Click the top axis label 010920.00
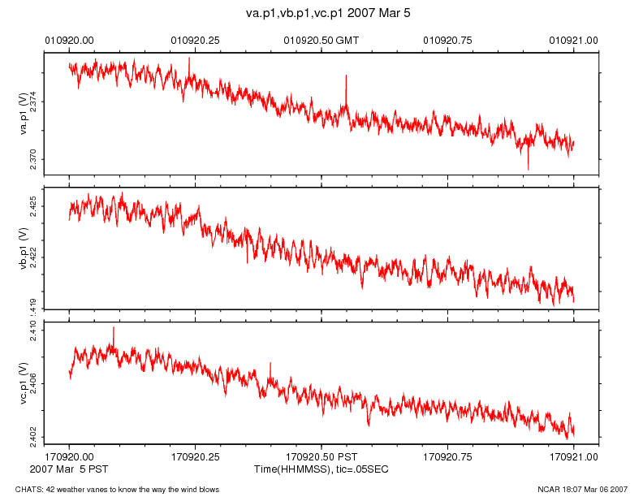[x=69, y=39]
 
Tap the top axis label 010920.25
[x=196, y=39]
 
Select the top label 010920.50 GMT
[x=321, y=39]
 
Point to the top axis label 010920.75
[x=448, y=39]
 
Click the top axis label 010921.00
[x=574, y=39]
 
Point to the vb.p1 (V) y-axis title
[x=24, y=248]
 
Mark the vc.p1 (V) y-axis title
[x=24, y=382]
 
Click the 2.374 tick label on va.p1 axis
[x=34, y=102]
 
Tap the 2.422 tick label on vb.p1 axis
[x=34, y=257]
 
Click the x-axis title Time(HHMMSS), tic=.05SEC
[x=321, y=470]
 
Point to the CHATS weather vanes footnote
[x=111, y=490]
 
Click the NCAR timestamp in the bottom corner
[x=582, y=490]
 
